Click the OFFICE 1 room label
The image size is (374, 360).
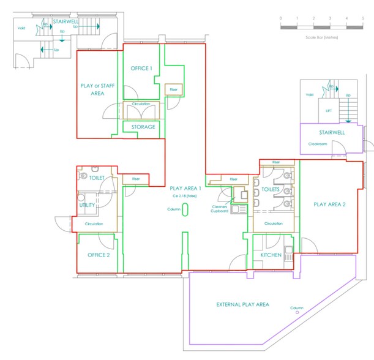(142, 69)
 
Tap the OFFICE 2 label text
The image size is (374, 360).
(98, 255)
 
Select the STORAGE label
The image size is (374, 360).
(143, 127)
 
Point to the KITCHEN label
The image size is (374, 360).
(271, 255)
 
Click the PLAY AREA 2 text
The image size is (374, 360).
(329, 204)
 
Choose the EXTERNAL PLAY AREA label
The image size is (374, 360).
(242, 304)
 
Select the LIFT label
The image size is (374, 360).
(329, 111)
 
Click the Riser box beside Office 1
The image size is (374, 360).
(173, 89)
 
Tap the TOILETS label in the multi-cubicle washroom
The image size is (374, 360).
(271, 190)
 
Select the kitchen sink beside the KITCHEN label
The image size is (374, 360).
(289, 249)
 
